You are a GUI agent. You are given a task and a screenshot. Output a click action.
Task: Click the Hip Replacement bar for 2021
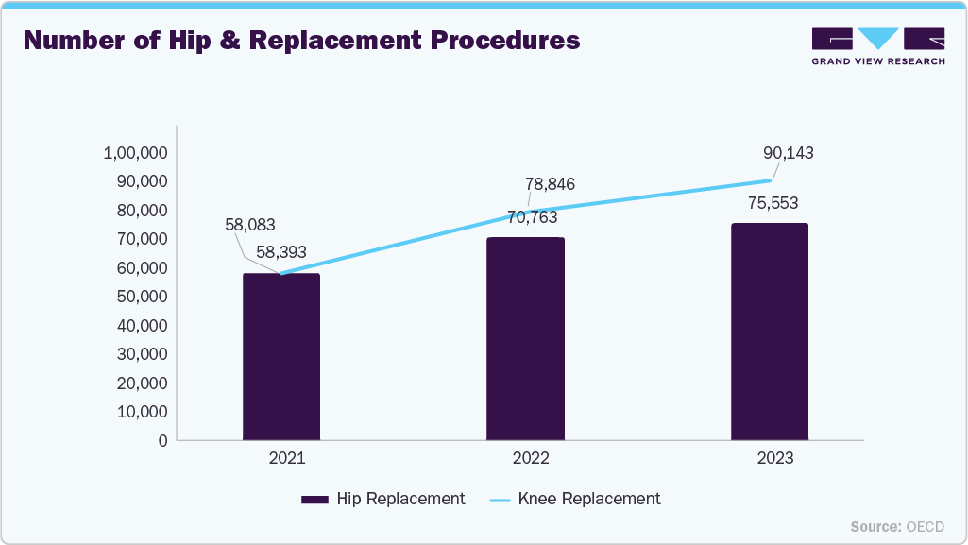click(x=280, y=357)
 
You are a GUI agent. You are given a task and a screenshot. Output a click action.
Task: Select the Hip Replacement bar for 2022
click(x=525, y=339)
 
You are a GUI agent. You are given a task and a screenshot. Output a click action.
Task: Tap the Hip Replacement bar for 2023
click(x=770, y=332)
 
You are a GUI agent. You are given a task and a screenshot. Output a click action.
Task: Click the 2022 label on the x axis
click(x=525, y=458)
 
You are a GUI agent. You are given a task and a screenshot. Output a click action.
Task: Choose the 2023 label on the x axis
click(x=770, y=458)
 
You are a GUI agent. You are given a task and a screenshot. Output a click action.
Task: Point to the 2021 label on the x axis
click(x=280, y=458)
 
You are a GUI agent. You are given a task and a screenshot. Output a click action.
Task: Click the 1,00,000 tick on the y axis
click(x=135, y=153)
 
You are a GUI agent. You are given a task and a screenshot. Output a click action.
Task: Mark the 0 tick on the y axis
click(x=162, y=440)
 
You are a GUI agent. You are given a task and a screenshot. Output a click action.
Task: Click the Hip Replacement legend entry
click(x=382, y=499)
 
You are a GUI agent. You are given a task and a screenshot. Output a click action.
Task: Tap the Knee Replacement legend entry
click(x=575, y=499)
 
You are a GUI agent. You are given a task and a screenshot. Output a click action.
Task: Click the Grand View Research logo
click(x=877, y=46)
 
